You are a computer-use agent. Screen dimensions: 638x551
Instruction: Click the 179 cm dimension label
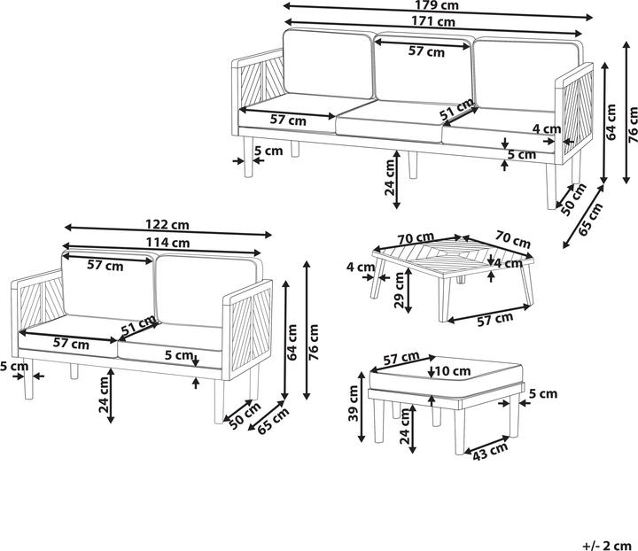point(437,5)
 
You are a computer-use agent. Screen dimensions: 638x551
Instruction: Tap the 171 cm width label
point(433,20)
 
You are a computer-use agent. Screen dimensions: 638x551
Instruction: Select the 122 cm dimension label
point(167,224)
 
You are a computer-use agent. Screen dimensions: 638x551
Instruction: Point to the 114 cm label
point(167,243)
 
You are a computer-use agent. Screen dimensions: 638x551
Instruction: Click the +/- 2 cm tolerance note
point(607,545)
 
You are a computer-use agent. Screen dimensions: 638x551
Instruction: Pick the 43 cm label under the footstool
point(490,452)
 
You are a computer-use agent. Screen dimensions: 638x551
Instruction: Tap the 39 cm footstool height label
point(353,403)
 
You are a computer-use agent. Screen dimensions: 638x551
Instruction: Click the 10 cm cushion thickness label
point(453,371)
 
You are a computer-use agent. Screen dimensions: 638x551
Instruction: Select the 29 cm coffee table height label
point(399,290)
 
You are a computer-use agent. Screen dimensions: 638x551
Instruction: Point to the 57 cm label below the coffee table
point(495,319)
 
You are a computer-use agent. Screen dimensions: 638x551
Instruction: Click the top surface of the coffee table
point(453,257)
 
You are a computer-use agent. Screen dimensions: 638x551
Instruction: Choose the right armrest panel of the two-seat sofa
point(247,329)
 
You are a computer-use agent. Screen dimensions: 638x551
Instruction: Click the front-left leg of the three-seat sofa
point(248,157)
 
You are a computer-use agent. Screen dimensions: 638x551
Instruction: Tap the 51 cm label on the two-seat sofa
point(139,326)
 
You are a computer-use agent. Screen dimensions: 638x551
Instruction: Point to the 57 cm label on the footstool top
point(401,358)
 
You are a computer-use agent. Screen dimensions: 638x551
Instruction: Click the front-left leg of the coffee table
point(378,278)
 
